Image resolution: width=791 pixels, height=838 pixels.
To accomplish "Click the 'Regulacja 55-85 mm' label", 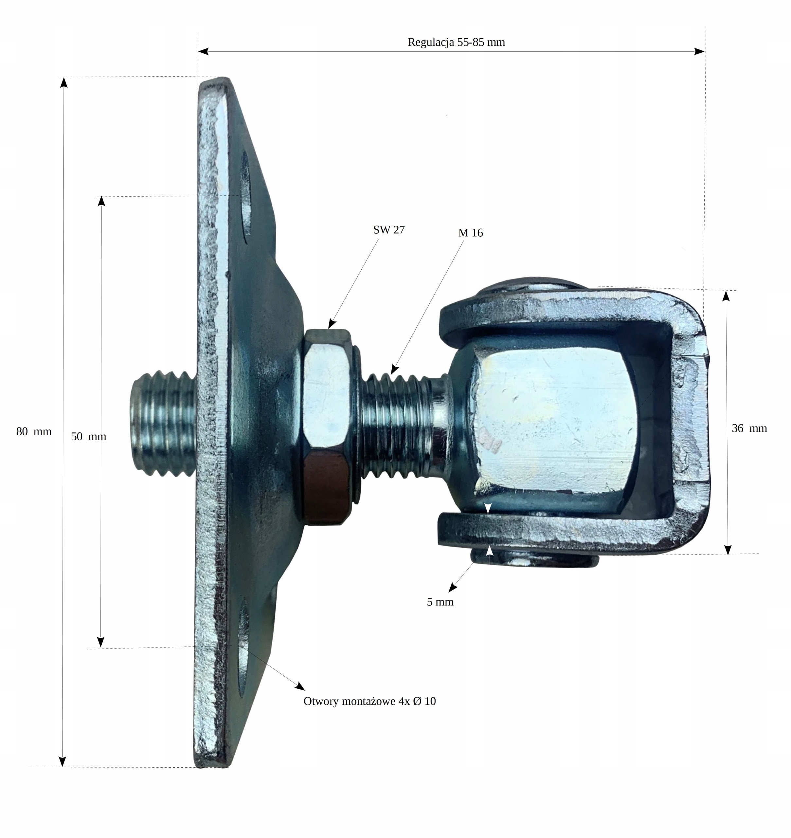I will pos(456,42).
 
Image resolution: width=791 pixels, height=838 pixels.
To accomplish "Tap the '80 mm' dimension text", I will pos(34,431).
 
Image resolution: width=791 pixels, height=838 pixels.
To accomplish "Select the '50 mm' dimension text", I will pos(88,436).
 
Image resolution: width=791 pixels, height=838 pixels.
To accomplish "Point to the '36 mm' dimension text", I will pos(749,428).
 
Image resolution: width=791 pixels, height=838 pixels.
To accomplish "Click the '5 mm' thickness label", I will pos(440,602).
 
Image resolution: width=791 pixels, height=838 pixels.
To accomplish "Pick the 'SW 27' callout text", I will pos(389,230).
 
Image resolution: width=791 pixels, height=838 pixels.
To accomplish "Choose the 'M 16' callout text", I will pos(470,233).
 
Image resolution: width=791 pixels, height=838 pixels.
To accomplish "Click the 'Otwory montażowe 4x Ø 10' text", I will pos(369,701).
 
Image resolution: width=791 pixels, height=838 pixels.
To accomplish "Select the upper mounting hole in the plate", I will pos(245,197).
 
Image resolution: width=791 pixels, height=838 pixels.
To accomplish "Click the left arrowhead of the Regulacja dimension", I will pos(203,51).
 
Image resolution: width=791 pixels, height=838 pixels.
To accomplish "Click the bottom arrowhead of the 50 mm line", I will pos(100,642).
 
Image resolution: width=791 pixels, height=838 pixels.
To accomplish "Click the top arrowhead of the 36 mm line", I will pos(726,296).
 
